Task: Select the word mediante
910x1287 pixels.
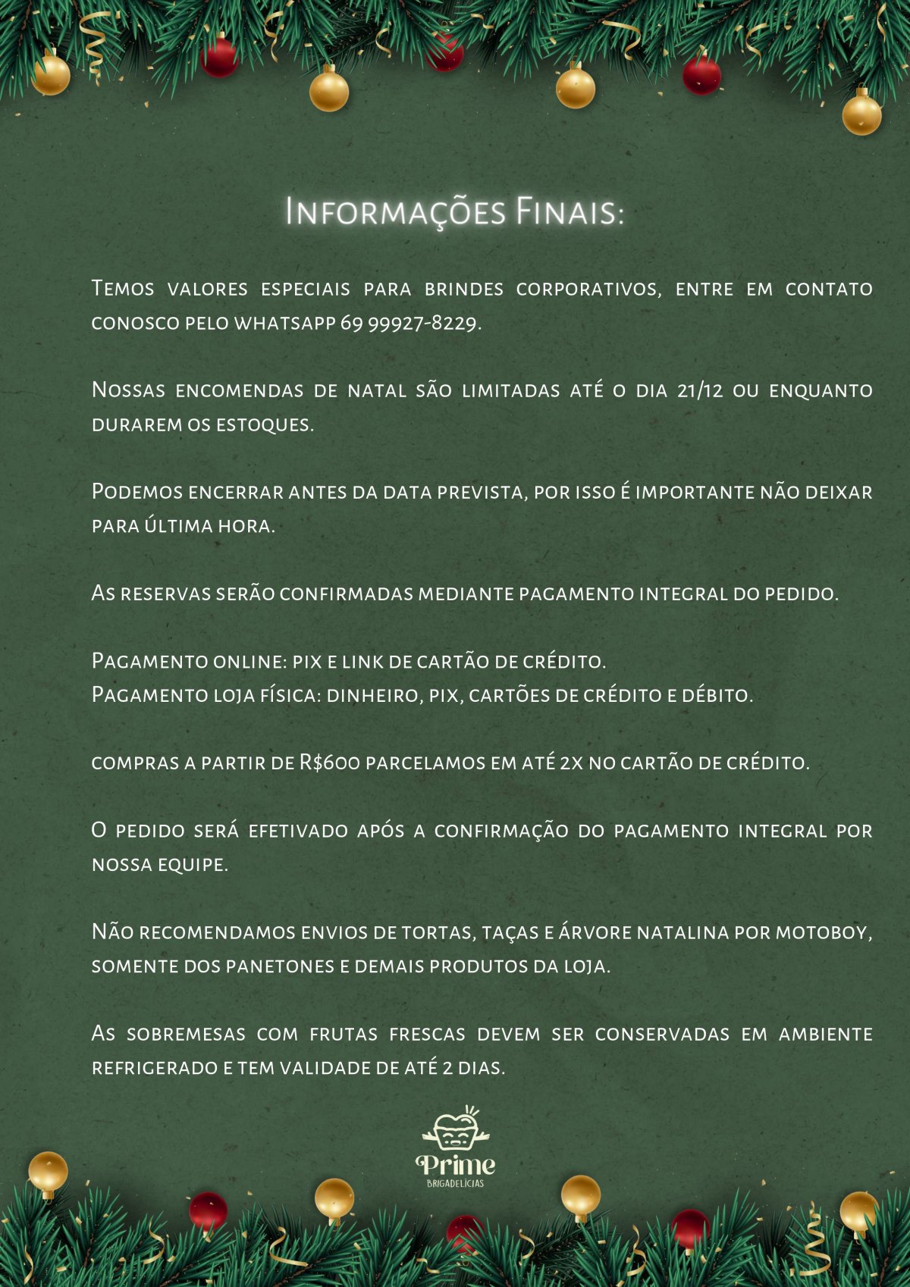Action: coord(466,593)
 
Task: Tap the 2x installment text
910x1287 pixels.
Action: coord(571,762)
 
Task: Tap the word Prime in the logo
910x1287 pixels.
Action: coord(455,1164)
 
